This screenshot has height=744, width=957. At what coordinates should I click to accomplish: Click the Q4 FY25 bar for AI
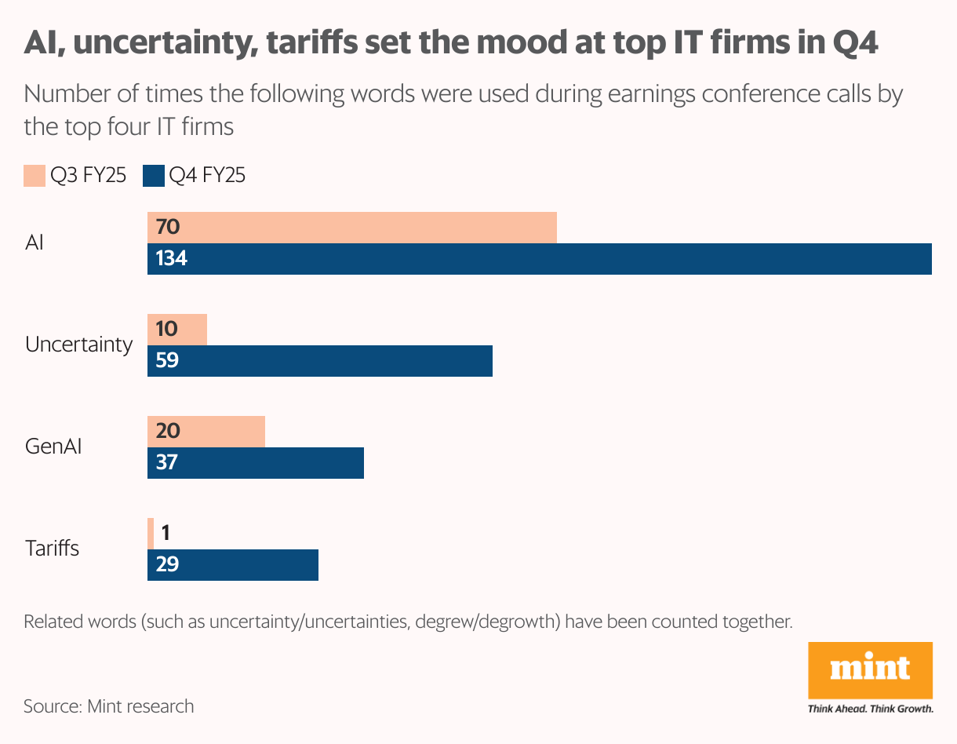540,259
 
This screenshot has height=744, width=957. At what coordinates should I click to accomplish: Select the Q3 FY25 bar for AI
352,228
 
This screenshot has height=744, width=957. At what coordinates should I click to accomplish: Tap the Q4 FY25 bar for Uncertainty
320,361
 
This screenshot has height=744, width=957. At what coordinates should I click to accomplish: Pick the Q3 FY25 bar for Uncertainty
177,330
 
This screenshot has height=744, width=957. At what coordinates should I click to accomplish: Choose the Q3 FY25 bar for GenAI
206,432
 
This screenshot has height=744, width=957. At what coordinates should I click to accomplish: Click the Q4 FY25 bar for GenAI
256,463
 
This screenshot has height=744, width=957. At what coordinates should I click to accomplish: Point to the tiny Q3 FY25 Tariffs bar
151,534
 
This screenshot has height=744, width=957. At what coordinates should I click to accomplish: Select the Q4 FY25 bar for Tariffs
233,565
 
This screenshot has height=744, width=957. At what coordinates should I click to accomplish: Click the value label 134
171,258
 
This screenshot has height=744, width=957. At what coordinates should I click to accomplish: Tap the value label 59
167,360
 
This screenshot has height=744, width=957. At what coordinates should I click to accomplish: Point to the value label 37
167,462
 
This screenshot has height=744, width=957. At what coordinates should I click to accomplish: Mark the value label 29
167,564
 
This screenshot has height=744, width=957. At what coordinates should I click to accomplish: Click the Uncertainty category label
78,345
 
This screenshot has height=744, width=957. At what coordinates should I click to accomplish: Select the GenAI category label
53,447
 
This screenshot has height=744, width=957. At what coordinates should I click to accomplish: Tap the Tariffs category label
52,548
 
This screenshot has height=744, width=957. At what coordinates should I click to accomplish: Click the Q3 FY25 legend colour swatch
35,176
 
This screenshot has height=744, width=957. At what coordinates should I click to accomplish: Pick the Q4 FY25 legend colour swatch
153,176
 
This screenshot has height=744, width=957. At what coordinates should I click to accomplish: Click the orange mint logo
870,669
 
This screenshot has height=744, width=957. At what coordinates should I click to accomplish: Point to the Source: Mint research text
108,706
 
